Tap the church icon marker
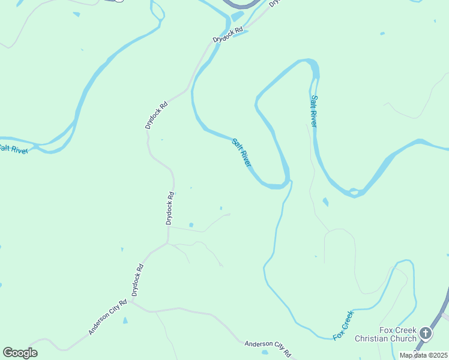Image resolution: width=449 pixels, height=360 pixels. coord(426,333)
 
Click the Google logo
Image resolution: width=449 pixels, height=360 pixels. coord(20,353)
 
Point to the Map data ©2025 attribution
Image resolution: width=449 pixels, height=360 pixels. coord(423,355)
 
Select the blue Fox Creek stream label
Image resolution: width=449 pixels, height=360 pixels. coord(343,325)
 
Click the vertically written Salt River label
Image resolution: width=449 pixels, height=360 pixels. coord(313,110)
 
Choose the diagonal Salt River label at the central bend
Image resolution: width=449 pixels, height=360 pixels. coord(241,152)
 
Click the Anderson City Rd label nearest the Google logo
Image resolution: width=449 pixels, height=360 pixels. coord(107,317)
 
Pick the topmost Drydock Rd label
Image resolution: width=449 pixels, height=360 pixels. coord(228,35)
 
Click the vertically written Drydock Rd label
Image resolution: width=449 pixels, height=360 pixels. coord(170,208)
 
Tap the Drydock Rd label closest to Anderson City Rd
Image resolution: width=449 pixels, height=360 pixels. coord(137,280)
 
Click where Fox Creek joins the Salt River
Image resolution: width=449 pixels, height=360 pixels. coord(291,181)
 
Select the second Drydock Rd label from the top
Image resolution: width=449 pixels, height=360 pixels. coord(156,115)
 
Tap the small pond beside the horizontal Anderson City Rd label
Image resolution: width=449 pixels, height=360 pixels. coord(265,352)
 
